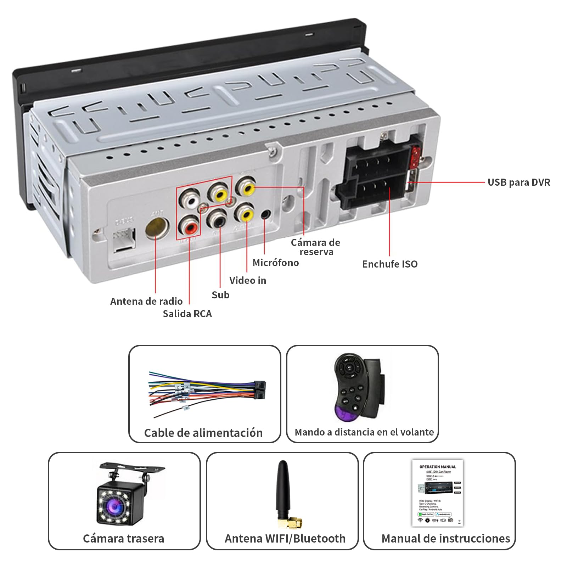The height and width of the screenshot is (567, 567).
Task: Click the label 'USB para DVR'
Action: [x=518, y=183]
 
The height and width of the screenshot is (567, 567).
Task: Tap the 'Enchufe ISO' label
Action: [x=389, y=264]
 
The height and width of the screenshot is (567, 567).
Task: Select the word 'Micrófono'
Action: [x=275, y=263]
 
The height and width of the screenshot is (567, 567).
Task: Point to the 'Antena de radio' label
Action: [x=146, y=301]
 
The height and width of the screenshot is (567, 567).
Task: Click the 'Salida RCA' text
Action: [x=187, y=314]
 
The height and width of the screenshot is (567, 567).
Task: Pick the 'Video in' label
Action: [x=247, y=280]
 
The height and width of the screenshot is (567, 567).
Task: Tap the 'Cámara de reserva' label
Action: [x=315, y=247]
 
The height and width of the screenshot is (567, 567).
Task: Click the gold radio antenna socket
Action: [x=156, y=229]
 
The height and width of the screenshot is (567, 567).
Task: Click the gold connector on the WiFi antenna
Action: [x=292, y=522]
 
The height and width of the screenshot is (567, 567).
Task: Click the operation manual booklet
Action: [x=438, y=493]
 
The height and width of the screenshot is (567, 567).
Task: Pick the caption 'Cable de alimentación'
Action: [x=203, y=433]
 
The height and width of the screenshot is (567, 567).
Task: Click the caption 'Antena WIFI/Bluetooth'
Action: [x=285, y=538]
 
